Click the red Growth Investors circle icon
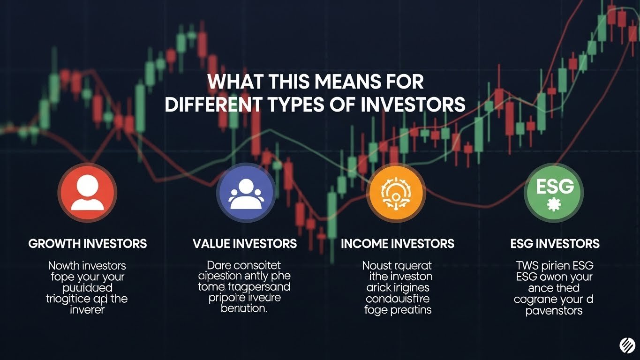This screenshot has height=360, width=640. (87, 193)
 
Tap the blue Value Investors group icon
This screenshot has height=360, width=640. (246, 193)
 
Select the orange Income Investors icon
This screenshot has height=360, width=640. (396, 193)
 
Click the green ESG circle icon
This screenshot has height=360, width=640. (554, 193)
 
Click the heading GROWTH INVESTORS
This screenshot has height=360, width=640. (88, 244)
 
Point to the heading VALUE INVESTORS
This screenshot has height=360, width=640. (245, 244)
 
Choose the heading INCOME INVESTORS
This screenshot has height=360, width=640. (398, 244)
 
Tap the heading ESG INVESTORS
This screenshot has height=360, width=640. (555, 244)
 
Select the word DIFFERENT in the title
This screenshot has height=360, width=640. (214, 105)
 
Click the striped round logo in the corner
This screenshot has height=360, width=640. (627, 346)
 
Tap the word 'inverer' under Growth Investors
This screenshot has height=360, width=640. (88, 310)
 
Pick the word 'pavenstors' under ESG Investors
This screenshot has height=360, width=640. (554, 310)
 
